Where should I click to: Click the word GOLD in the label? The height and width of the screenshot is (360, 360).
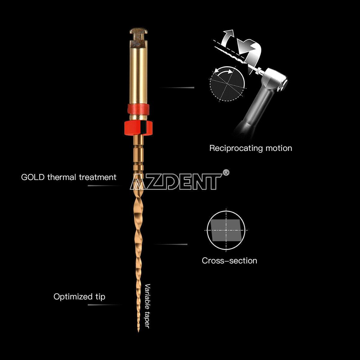(33, 177)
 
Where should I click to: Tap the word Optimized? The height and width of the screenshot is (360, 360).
(73, 297)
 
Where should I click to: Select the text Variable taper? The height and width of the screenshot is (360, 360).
(147, 306)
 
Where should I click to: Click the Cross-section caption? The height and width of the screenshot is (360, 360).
(229, 261)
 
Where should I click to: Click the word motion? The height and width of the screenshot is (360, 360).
(279, 148)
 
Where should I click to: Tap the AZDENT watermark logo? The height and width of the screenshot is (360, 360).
(176, 181)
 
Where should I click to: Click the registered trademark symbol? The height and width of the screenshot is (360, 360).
(226, 172)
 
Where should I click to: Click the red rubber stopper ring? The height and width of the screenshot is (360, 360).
(138, 128)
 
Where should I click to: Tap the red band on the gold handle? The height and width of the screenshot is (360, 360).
(138, 109)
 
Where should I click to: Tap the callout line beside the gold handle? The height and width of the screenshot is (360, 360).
(178, 87)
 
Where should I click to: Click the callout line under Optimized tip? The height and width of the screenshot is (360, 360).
(105, 305)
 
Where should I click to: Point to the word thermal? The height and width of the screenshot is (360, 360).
(62, 177)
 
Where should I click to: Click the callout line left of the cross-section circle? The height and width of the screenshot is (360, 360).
(171, 244)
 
